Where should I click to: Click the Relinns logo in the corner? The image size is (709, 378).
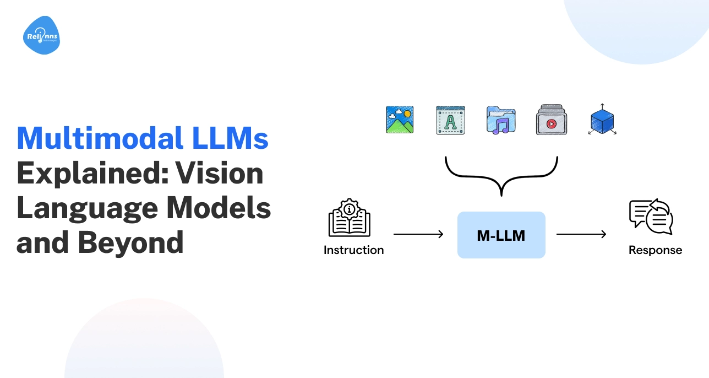41,36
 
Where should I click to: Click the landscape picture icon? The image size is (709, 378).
400,120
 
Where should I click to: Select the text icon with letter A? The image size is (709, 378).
450,120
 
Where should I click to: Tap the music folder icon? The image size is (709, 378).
500,121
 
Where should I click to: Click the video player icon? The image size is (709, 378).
551,121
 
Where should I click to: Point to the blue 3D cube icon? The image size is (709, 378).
602,120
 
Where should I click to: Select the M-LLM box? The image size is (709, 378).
501,235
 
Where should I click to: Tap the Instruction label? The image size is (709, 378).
353,250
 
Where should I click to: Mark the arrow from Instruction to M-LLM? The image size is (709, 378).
418,235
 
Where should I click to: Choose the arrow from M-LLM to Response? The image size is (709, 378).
581,235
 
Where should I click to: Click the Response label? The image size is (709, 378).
655,250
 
